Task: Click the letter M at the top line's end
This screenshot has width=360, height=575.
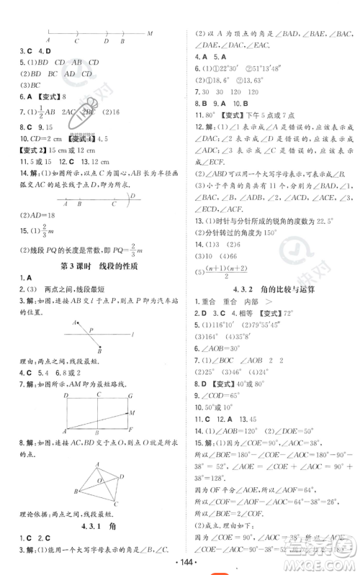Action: click(x=149, y=34)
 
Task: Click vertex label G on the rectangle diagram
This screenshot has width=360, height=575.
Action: click(x=130, y=395)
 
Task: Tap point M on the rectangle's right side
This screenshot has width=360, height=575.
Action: click(x=131, y=413)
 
